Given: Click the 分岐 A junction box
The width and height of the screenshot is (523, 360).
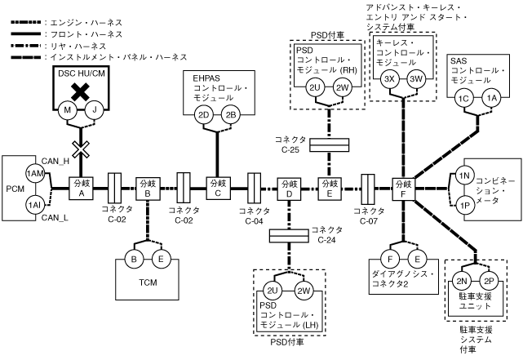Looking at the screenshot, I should [x=82, y=187].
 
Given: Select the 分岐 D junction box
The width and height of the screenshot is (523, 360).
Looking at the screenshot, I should [x=289, y=187].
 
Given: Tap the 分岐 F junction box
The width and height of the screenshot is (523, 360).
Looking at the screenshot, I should [x=402, y=187].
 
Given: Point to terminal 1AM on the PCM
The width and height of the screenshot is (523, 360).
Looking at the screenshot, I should [x=34, y=174].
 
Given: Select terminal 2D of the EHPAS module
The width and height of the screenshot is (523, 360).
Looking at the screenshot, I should [x=205, y=114].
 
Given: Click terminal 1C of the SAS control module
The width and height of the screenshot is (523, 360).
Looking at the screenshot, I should [x=464, y=99].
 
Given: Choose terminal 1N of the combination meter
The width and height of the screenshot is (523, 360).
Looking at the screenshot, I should [x=463, y=176].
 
